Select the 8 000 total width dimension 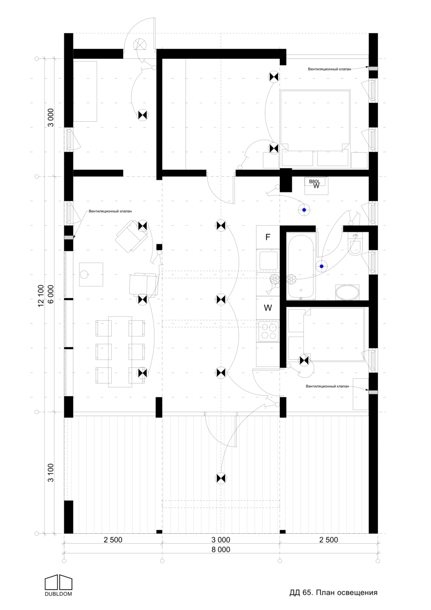[x=221, y=549]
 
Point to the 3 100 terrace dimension [x=51, y=473]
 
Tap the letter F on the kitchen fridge [x=268, y=237]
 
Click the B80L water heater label [x=314, y=182]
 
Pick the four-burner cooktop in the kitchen [x=269, y=331]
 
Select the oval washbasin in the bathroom [x=347, y=292]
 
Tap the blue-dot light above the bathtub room [x=321, y=266]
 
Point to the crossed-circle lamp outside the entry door [x=140, y=44]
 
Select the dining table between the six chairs [x=120, y=351]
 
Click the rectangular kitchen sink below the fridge [x=268, y=261]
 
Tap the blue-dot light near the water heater [x=304, y=210]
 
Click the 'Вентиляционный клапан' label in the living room [x=110, y=211]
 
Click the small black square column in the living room [x=159, y=247]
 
